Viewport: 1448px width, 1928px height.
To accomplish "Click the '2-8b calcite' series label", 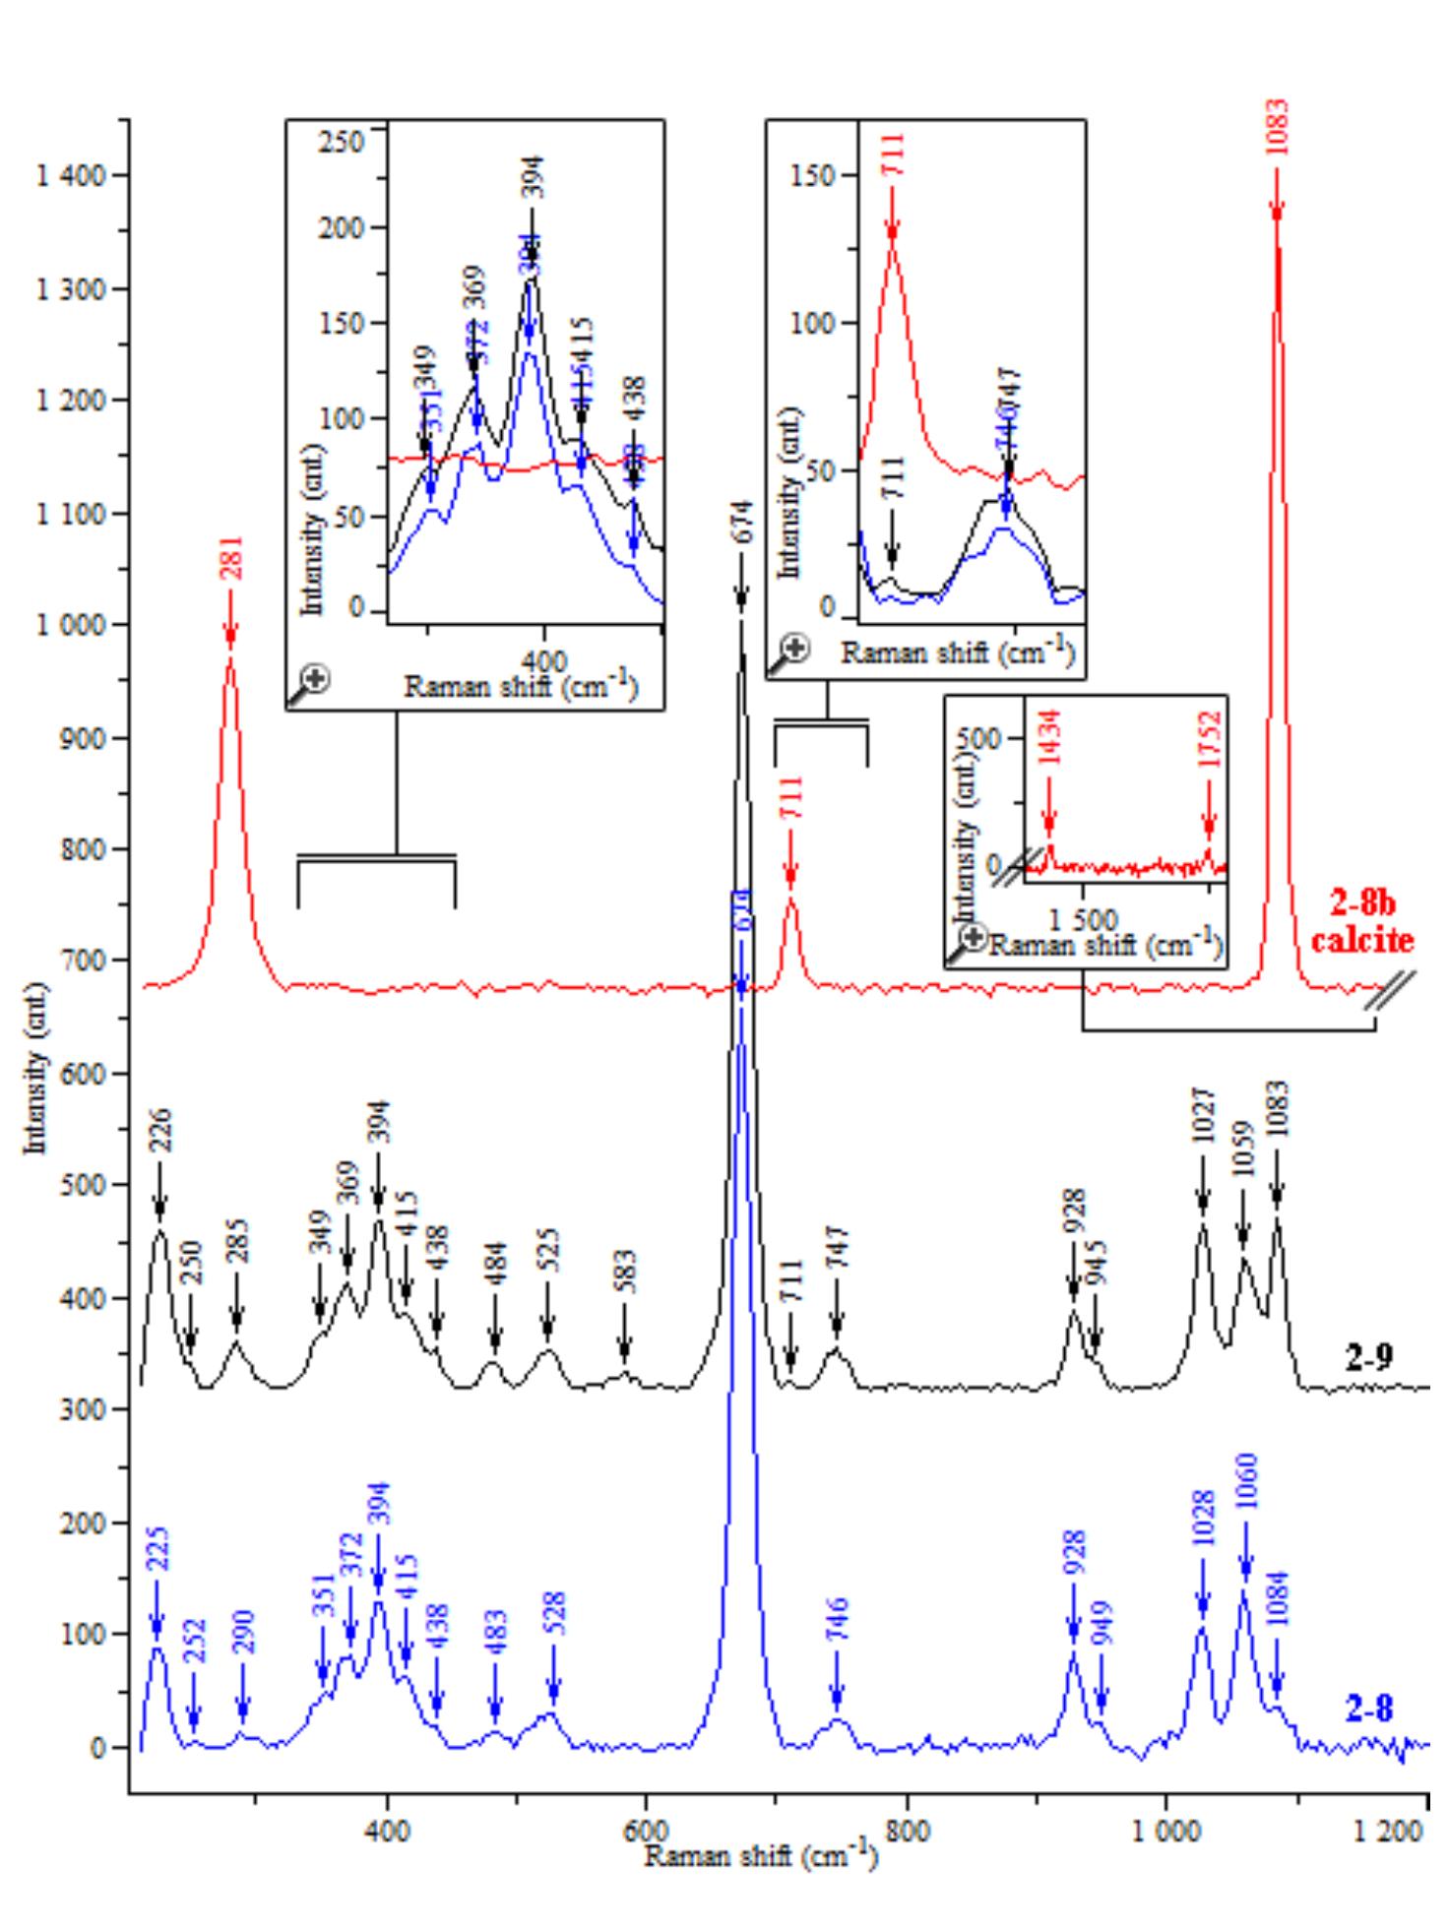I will pyautogui.click(x=1361, y=922).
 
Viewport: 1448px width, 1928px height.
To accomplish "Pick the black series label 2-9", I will pyautogui.click(x=1369, y=1359).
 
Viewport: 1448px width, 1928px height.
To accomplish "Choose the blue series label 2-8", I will pyautogui.click(x=1369, y=1710).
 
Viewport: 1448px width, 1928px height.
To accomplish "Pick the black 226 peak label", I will pyautogui.click(x=160, y=1131).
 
